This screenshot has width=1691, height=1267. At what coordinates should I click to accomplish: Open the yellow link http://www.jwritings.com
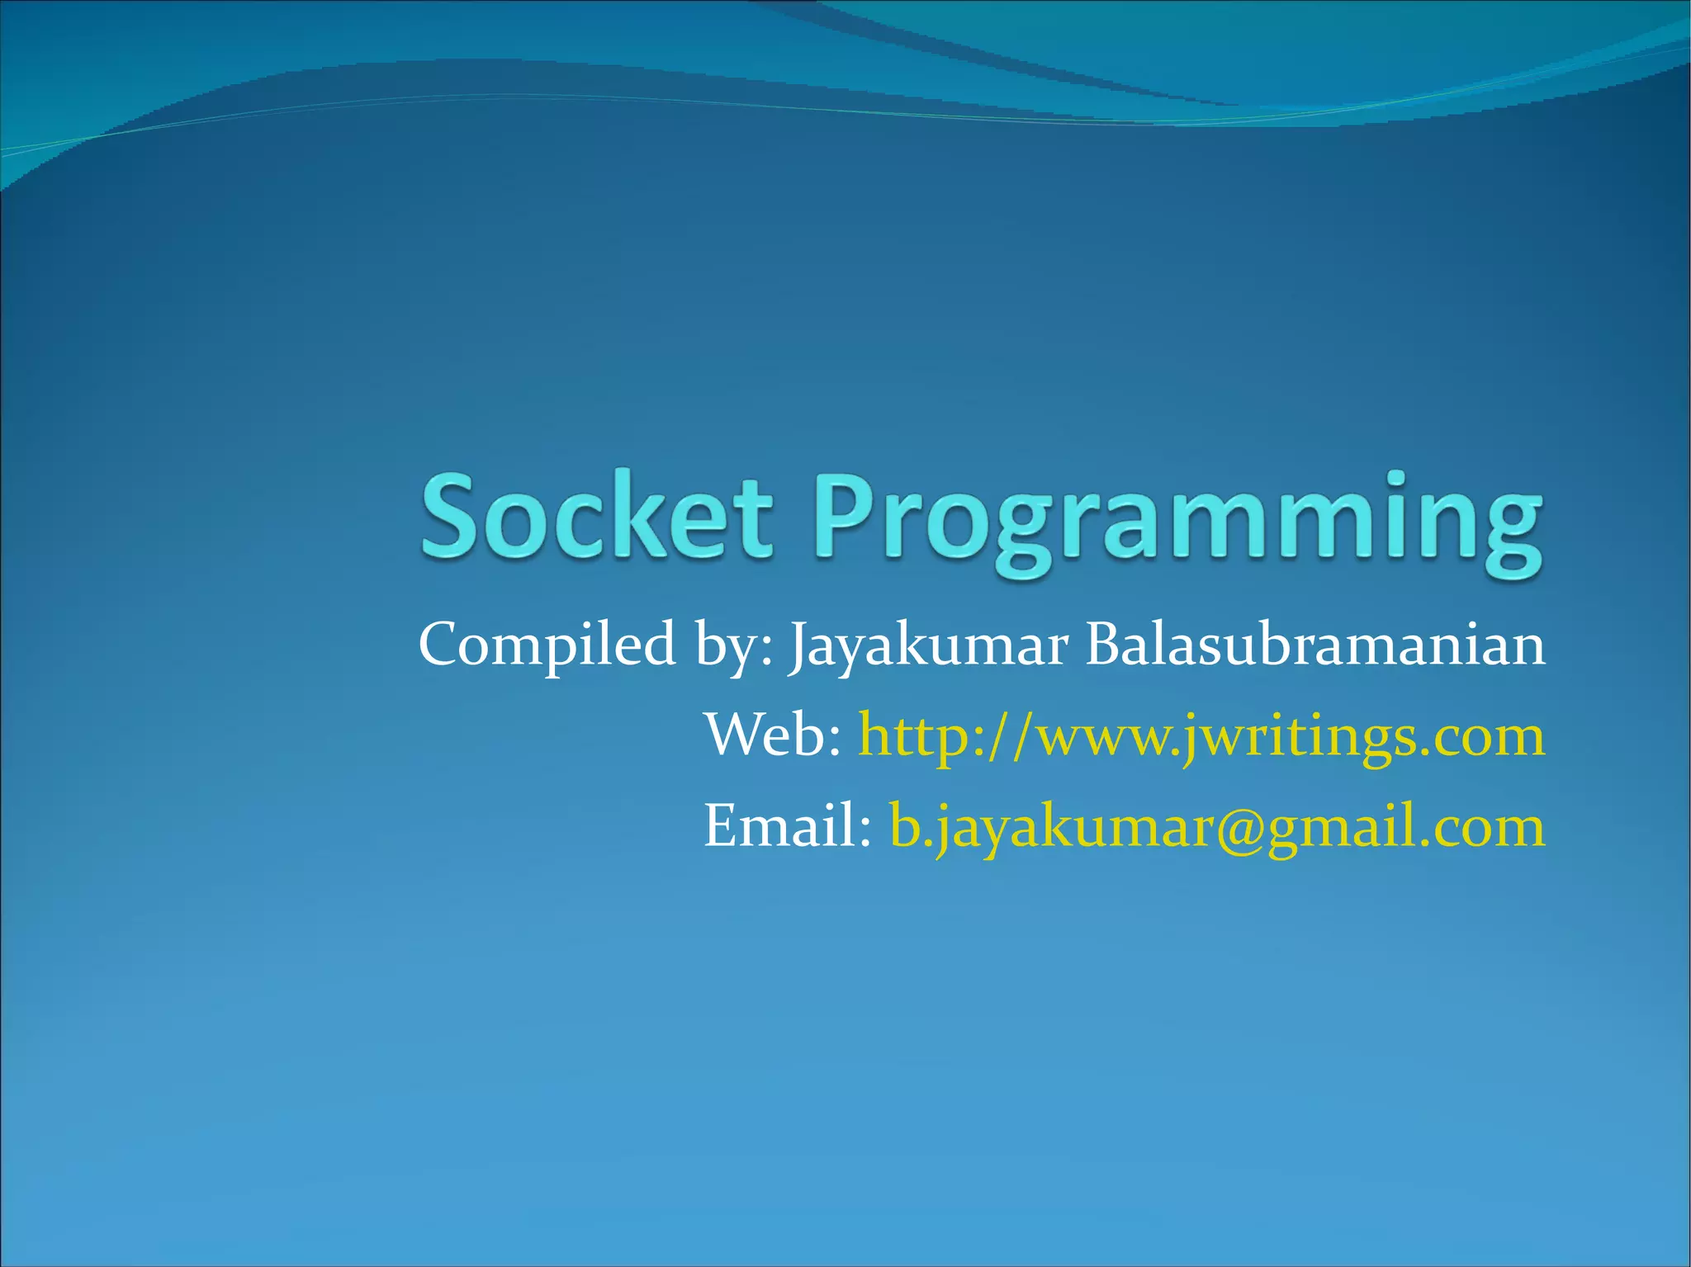tap(1201, 737)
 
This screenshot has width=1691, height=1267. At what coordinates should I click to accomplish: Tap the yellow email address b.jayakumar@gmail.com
tap(1216, 828)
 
